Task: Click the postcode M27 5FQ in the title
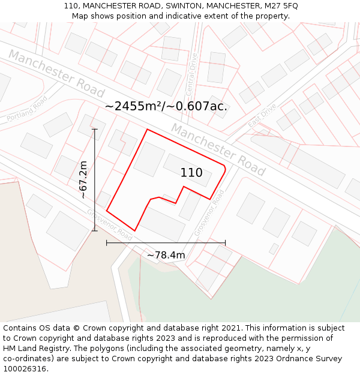281,5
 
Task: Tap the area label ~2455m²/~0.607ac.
166,106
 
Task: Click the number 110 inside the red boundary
191,173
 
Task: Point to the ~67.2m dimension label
83,179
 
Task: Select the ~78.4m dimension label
166,255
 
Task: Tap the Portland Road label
27,110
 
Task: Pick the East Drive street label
262,115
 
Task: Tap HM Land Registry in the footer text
32,349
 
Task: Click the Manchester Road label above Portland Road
56,73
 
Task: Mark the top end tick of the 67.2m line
95,129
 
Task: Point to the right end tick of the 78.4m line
225,242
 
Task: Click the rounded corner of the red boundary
224,167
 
